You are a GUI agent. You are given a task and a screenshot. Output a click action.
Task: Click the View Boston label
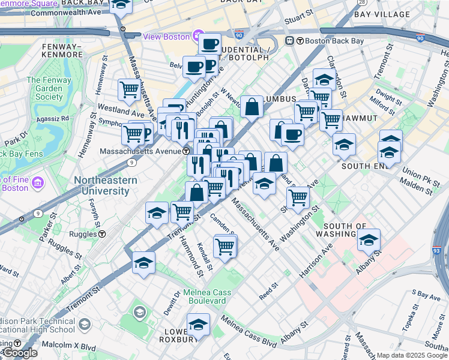tap(166, 37)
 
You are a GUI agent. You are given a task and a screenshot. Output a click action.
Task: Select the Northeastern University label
tap(101, 185)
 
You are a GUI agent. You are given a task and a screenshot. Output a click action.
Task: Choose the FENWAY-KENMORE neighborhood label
tap(61, 50)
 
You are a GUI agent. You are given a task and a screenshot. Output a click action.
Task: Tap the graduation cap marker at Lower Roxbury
tap(198, 325)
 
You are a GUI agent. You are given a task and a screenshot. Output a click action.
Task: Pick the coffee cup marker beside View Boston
tap(210, 43)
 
